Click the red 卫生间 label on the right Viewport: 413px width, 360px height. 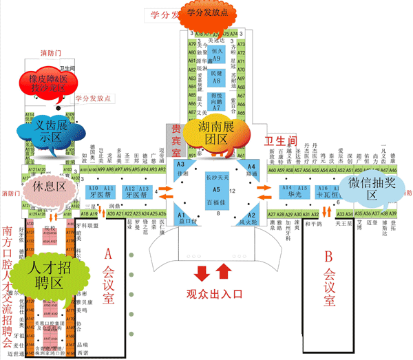281,140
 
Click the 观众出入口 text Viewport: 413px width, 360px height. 215,294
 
